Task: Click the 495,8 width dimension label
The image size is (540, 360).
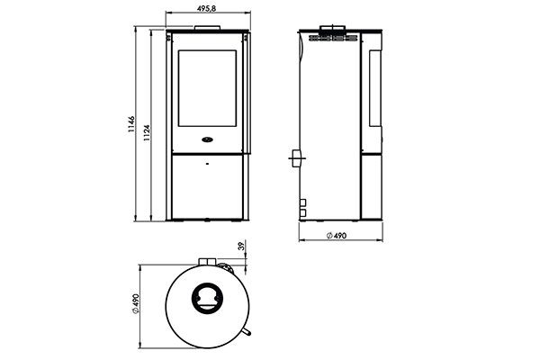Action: coord(206,9)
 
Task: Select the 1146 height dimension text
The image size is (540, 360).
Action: coord(131,125)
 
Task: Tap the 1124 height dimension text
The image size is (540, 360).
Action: coord(147,133)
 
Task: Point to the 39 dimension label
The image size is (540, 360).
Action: coord(241,246)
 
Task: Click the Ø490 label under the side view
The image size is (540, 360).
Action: coord(336,236)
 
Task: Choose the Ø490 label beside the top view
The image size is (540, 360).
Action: coord(135,304)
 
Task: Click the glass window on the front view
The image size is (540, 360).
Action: coord(207,88)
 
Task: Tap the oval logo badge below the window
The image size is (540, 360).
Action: coord(207,139)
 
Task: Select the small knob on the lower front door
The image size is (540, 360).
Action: coord(207,164)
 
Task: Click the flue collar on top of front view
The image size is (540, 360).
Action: coord(207,28)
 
